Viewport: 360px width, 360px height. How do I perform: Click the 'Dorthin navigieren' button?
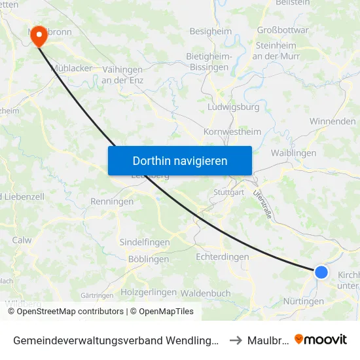180,160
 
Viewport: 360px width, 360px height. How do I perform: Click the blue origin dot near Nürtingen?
321,272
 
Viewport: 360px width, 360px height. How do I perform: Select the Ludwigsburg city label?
233,107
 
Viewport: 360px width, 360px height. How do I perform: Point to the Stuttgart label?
229,192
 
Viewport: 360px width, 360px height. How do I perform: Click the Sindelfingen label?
145,242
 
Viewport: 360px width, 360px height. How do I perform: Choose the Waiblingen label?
293,153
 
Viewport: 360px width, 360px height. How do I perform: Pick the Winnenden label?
333,121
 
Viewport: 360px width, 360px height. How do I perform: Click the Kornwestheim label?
232,132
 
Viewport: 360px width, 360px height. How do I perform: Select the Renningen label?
112,202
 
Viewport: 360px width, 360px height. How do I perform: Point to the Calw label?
22,240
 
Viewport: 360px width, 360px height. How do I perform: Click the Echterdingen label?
223,257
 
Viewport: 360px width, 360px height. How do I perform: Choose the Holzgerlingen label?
149,292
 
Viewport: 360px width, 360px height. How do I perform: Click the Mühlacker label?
71,68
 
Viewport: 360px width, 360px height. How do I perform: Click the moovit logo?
321,339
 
